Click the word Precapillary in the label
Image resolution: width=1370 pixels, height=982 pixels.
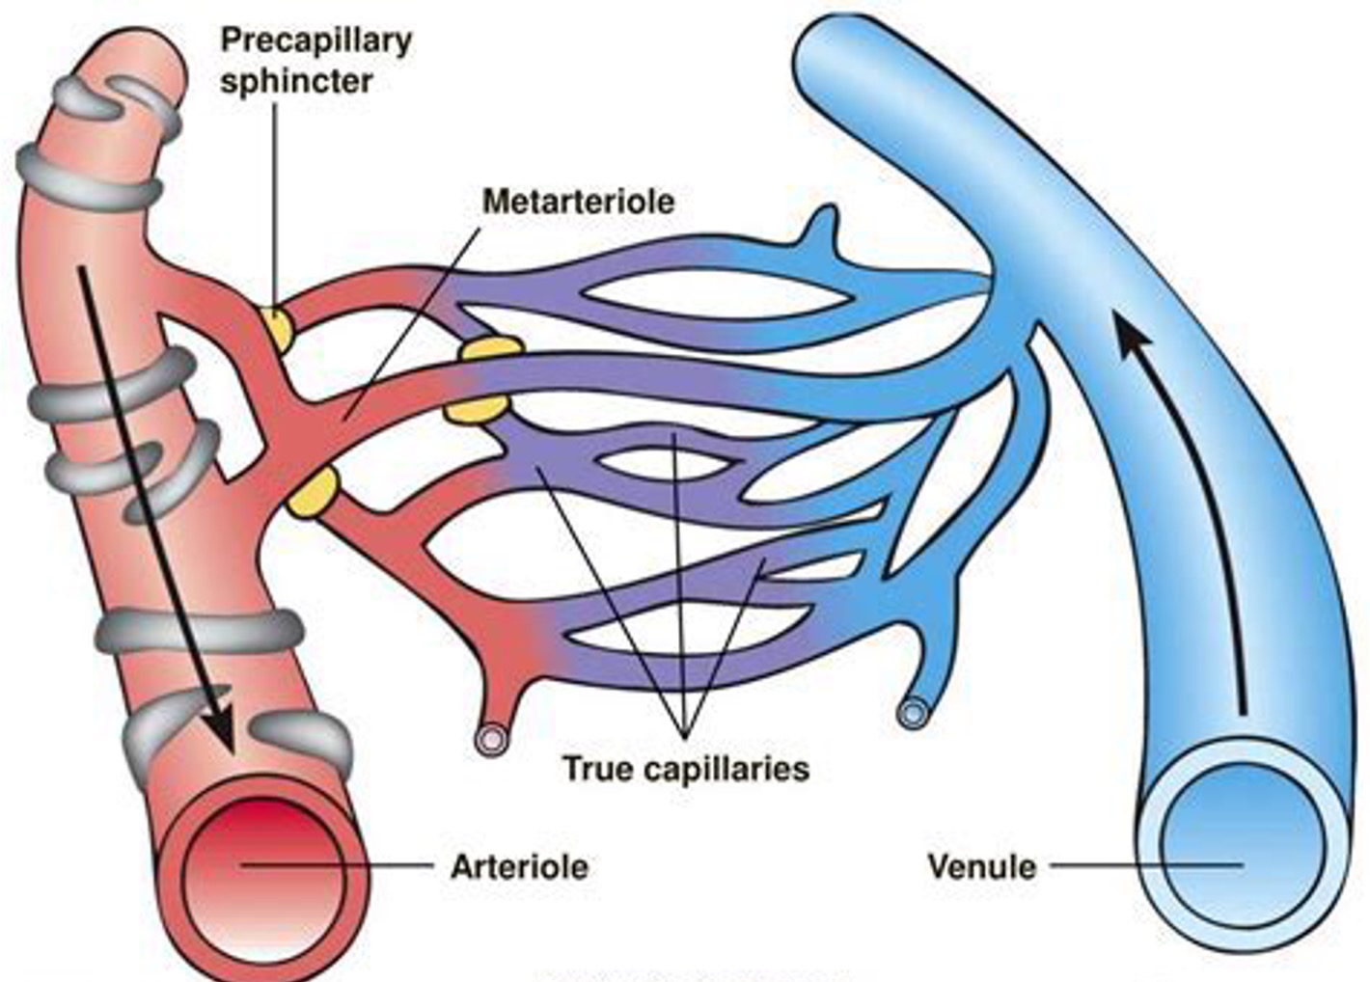(315, 41)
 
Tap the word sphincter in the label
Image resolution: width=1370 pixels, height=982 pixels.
(295, 80)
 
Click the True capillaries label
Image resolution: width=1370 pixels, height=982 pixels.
(685, 769)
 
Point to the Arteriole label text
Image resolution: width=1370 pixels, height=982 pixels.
(519, 866)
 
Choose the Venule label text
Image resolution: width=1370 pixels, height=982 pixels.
(981, 866)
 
